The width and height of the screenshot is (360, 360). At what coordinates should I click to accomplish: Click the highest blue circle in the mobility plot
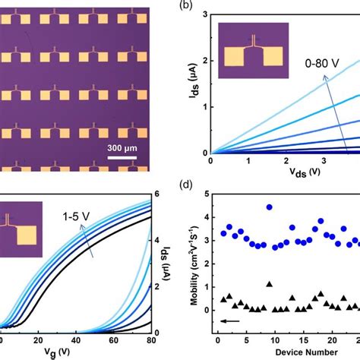(x=269, y=207)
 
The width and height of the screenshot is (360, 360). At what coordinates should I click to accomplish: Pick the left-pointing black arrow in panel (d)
(x=225, y=321)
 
